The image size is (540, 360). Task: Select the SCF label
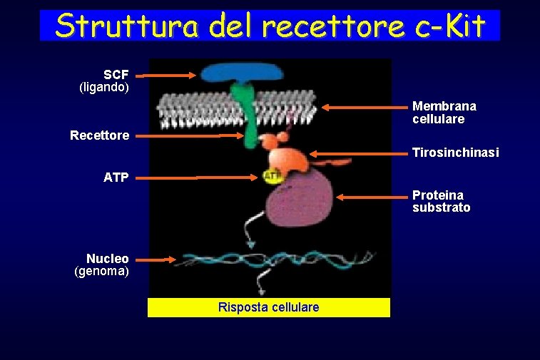click(116, 75)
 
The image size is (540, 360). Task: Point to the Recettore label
click(100, 135)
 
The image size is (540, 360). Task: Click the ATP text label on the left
click(116, 178)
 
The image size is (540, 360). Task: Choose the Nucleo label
click(108, 258)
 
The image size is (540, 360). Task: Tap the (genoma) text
click(102, 271)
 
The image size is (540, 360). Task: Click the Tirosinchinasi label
click(455, 153)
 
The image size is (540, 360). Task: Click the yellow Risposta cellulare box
click(269, 307)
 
